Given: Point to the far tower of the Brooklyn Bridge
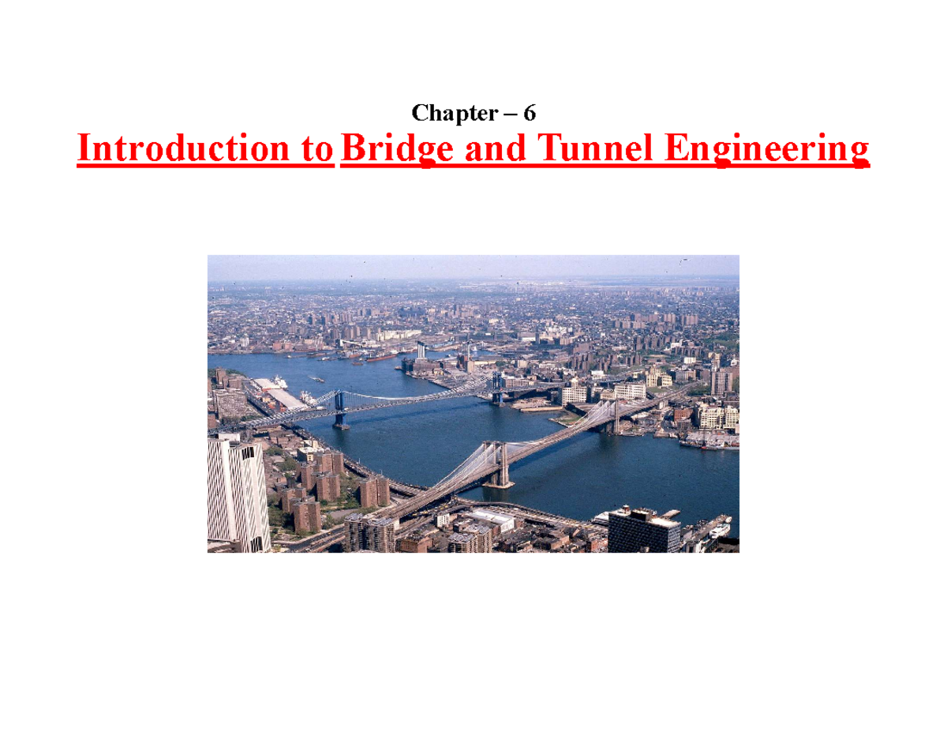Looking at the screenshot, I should click(x=613, y=417).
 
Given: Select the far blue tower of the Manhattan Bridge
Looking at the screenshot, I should click(x=497, y=389).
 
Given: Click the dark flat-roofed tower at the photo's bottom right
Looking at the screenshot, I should click(x=643, y=529).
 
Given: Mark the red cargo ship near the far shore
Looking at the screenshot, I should click(x=380, y=356).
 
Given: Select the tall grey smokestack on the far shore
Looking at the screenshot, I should click(x=421, y=351).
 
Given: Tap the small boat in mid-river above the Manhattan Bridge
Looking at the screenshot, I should click(x=318, y=379).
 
